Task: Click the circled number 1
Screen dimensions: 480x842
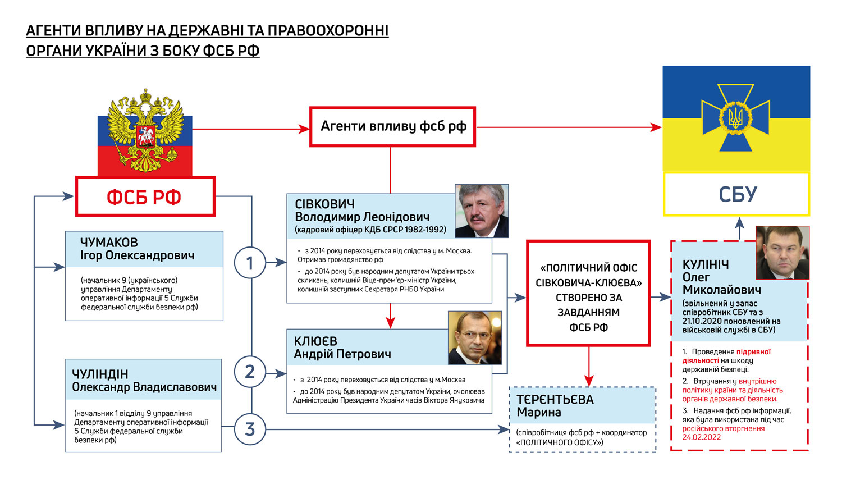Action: click(x=250, y=263)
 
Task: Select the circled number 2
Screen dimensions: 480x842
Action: click(x=250, y=372)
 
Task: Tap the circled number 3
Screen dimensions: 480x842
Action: click(x=250, y=429)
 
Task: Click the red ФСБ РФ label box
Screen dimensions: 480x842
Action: click(x=145, y=196)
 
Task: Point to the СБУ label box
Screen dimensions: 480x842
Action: click(x=737, y=194)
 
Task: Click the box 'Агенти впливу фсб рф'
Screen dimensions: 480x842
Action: click(x=393, y=127)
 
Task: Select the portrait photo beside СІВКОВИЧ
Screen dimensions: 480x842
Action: click(x=481, y=211)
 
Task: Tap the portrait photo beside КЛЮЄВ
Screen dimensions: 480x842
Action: click(x=474, y=338)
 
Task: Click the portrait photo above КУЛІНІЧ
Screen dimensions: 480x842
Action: click(x=782, y=253)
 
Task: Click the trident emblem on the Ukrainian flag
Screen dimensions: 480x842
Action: click(x=735, y=118)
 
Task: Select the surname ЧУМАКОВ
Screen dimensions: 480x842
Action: click(x=109, y=243)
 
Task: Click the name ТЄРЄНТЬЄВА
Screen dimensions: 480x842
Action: click(x=555, y=400)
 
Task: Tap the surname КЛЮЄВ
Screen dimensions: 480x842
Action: click(x=315, y=341)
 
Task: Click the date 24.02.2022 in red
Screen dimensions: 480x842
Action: click(x=701, y=437)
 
